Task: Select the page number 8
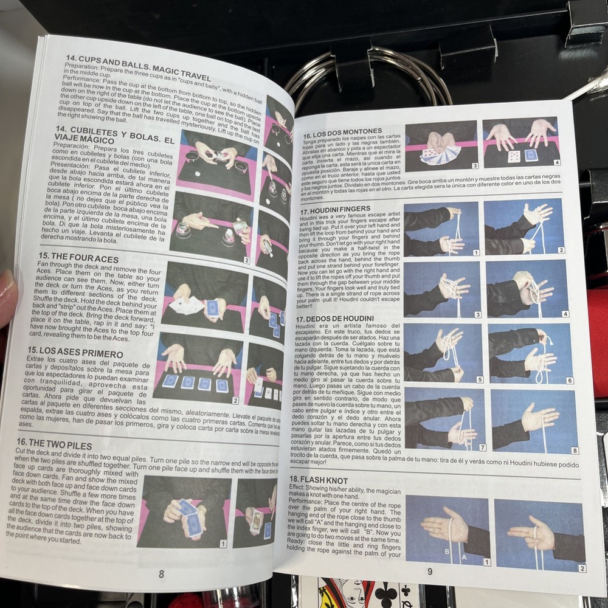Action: [x=161, y=573]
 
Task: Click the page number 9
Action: [x=429, y=571]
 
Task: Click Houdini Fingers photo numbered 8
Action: [x=533, y=421]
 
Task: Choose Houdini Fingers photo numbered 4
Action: [x=527, y=289]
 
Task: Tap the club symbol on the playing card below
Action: [x=386, y=592]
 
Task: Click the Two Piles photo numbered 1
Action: [x=183, y=511]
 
